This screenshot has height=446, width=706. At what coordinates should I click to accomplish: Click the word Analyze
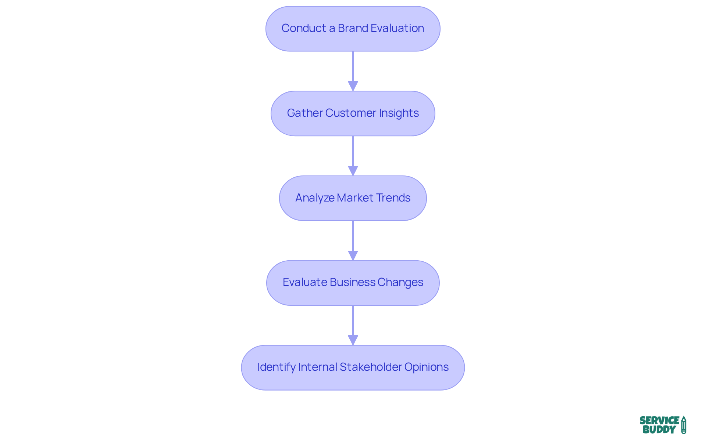coord(314,198)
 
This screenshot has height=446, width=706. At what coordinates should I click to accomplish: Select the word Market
coord(355,198)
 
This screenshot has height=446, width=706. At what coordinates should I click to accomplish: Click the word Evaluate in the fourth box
coord(305,282)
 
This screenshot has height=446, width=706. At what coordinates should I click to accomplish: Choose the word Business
coord(352,282)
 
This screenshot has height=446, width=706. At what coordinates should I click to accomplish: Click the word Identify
coord(276,367)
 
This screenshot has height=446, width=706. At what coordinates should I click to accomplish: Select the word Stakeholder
coord(371,367)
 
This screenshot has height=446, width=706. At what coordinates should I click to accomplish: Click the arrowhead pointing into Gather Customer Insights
coord(353,86)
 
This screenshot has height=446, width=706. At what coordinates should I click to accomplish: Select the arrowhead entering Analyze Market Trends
coord(353,171)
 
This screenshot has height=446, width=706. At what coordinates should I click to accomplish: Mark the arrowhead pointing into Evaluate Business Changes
coord(353,255)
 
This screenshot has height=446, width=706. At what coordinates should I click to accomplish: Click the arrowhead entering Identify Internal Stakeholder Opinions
coord(353,340)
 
